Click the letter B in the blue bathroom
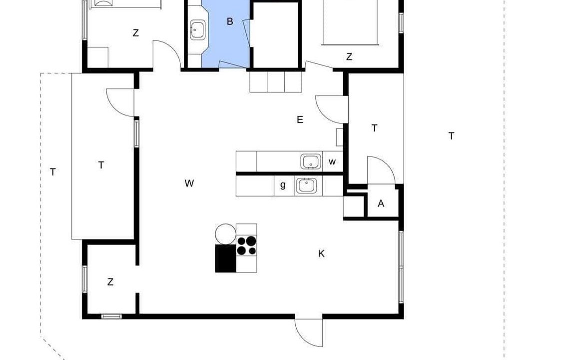(230, 21)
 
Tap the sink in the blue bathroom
(197, 29)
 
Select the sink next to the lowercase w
(310, 161)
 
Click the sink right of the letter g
(306, 186)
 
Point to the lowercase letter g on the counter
(283, 185)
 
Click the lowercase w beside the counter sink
(332, 161)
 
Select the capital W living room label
(189, 183)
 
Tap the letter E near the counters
(300, 119)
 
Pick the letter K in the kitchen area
(321, 253)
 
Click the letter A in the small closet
(381, 203)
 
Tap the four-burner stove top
(246, 245)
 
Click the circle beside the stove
(226, 234)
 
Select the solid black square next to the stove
(226, 258)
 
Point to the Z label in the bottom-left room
(110, 282)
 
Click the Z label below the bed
(349, 57)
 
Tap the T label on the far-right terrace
(451, 136)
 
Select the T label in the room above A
(375, 128)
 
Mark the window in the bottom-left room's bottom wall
(112, 316)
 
